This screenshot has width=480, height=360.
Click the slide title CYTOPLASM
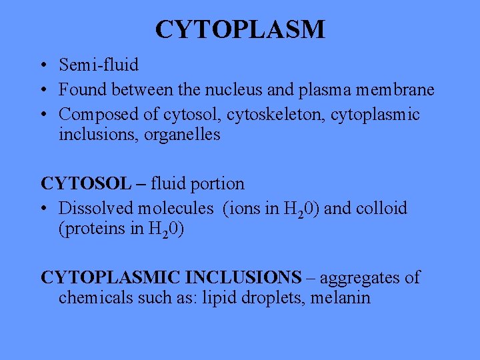[240, 29]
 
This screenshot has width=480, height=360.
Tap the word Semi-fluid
[99, 65]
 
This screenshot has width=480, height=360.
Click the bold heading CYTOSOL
[85, 183]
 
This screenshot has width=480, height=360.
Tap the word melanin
[340, 297]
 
